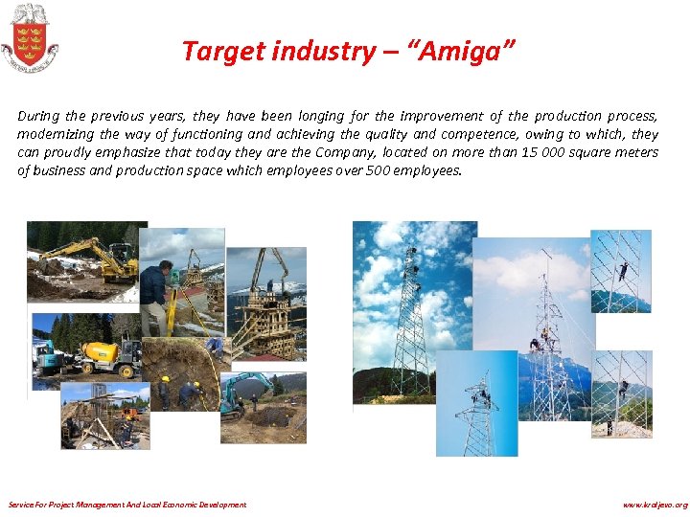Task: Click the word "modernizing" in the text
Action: (x=54, y=134)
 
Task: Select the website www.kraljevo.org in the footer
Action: (x=655, y=505)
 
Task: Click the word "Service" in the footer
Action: (x=21, y=505)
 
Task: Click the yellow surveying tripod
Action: (x=173, y=311)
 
